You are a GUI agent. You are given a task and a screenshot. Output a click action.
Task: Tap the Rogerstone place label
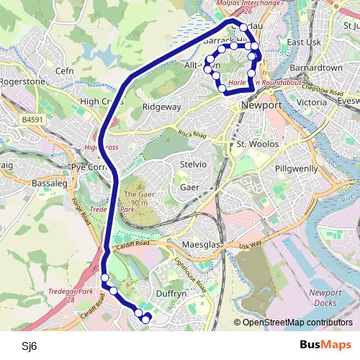22,81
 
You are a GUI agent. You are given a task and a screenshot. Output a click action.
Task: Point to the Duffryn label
171,294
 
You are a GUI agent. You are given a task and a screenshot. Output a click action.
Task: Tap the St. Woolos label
253,145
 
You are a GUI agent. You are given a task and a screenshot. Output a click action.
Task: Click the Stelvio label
193,165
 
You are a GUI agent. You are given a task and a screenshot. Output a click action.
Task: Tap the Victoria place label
311,102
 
